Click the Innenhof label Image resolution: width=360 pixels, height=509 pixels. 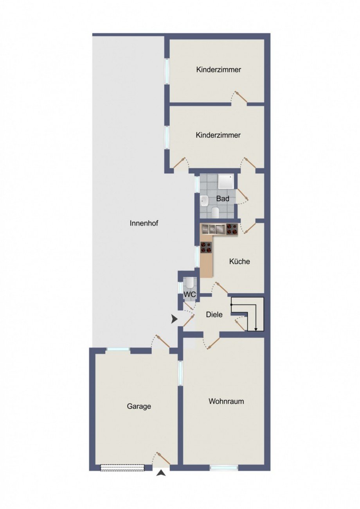[x=144, y=223]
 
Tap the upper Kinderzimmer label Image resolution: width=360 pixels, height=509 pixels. [x=219, y=70]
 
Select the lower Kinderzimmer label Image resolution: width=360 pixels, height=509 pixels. [x=218, y=135]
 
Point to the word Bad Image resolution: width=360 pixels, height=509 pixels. [x=223, y=199]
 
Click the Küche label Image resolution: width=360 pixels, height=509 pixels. [x=239, y=261]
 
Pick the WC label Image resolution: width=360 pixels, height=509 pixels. [x=190, y=294]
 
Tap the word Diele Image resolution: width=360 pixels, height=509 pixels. [x=214, y=315]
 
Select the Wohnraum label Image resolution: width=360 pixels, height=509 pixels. [x=226, y=401]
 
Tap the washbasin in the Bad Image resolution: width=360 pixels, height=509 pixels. [x=204, y=201]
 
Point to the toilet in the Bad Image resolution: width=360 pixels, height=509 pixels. [x=215, y=212]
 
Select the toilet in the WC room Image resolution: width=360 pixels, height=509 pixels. [x=189, y=283]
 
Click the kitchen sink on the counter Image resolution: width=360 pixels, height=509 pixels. [x=213, y=229]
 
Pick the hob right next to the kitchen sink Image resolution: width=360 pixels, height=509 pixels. [x=232, y=229]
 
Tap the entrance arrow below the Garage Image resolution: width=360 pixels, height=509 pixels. [x=161, y=503]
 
